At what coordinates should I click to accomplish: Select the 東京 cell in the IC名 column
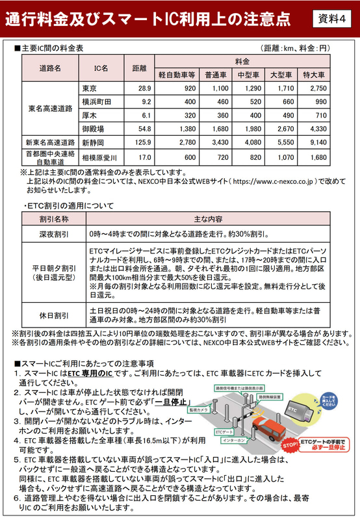point(90,88)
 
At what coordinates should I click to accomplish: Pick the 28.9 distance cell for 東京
point(144,88)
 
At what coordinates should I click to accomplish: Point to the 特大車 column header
point(318,74)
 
